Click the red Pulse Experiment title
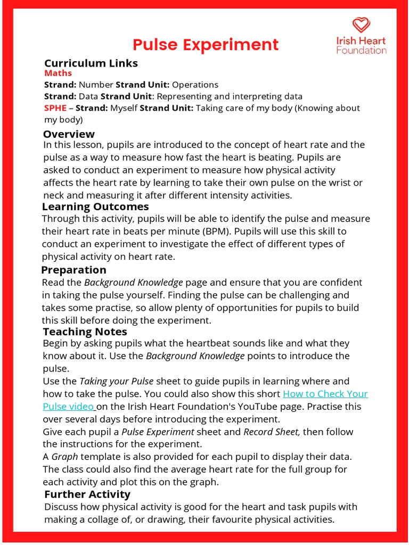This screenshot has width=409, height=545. (x=205, y=45)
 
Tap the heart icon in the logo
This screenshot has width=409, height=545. (x=361, y=25)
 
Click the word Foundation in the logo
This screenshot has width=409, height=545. (x=361, y=51)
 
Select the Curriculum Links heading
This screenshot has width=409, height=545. (x=91, y=63)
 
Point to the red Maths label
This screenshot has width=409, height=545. (x=58, y=73)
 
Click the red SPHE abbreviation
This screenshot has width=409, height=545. (x=55, y=108)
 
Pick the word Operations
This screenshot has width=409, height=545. (x=195, y=85)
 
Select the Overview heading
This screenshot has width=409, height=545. (x=69, y=134)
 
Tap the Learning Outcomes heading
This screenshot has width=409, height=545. (x=95, y=207)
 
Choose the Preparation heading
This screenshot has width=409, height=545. (x=73, y=270)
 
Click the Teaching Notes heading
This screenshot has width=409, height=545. (x=85, y=332)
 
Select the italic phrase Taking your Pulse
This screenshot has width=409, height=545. (x=116, y=381)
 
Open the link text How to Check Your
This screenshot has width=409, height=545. (x=325, y=394)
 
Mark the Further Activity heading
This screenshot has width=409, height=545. (x=87, y=494)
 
